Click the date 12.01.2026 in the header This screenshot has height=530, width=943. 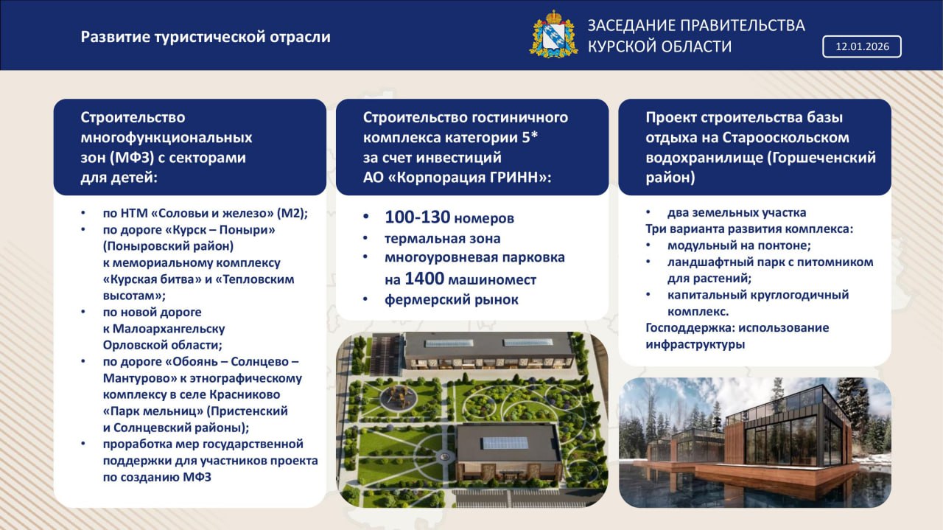[861, 46]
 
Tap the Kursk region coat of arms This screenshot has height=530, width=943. [548, 34]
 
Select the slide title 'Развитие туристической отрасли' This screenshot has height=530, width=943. [206, 37]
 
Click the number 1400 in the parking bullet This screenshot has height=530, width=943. [424, 279]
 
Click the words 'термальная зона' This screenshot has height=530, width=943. [442, 238]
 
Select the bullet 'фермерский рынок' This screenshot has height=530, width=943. [451, 299]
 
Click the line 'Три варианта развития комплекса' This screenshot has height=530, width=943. [749, 229]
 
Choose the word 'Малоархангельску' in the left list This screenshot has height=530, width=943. [164, 328]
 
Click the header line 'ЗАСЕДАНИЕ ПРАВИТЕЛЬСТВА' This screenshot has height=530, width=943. [695, 25]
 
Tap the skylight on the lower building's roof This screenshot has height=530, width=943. [504, 442]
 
